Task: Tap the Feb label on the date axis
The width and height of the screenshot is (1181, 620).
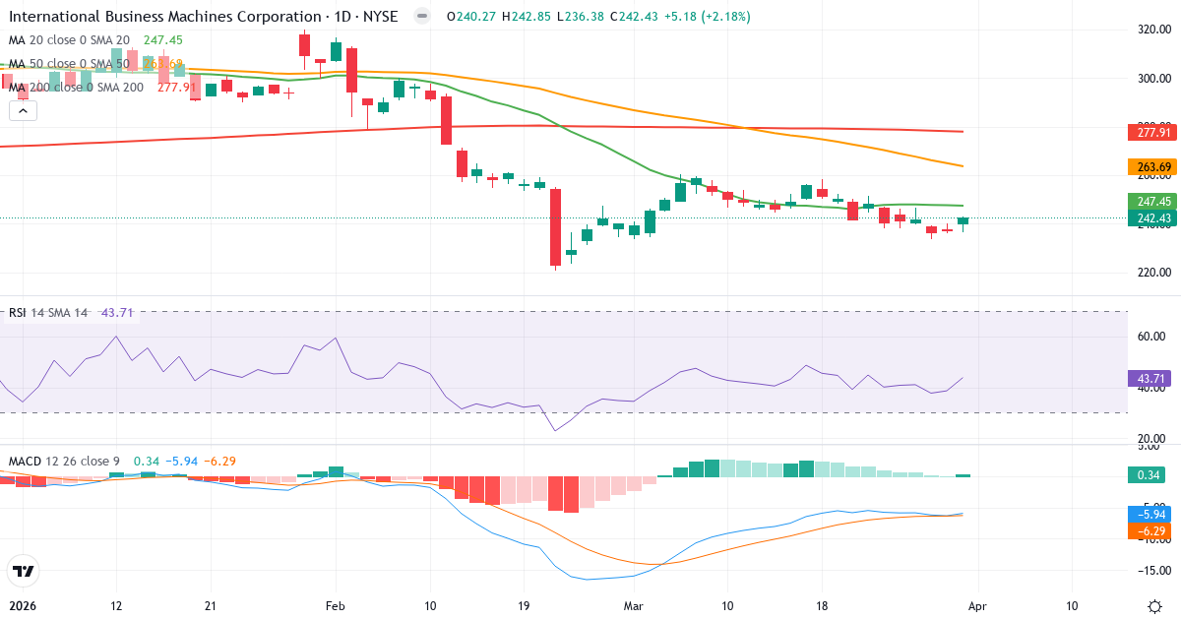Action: [336, 605]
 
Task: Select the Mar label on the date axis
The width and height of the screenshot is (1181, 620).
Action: [633, 605]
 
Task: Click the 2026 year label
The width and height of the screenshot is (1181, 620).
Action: [22, 605]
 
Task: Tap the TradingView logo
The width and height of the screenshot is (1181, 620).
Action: [24, 570]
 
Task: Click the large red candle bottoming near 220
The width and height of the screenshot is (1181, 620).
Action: [555, 227]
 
